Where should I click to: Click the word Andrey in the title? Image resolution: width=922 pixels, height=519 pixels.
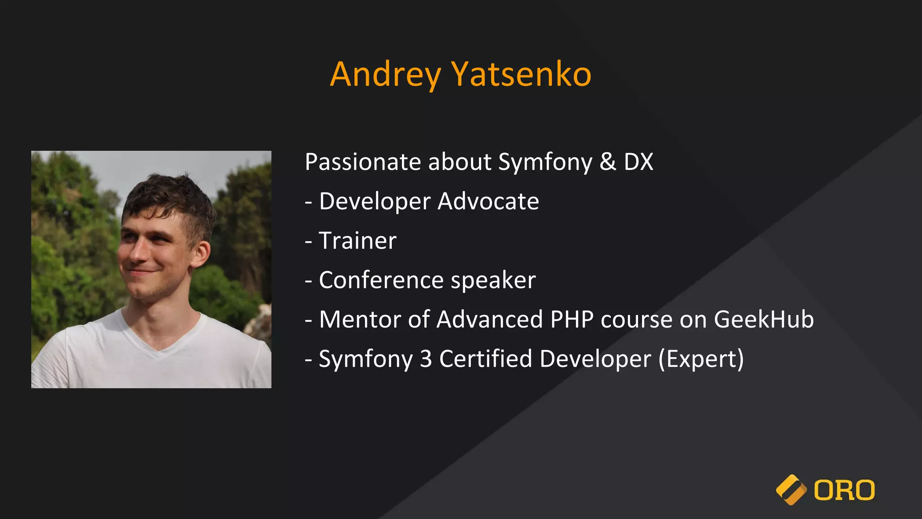coord(385,75)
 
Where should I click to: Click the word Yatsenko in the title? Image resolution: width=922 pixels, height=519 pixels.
coord(521,75)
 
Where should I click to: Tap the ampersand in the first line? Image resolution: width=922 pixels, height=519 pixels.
coord(607,162)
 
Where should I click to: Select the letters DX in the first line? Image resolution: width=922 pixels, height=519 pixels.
coord(638,162)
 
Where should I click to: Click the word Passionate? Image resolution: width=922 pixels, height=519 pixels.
coord(363,162)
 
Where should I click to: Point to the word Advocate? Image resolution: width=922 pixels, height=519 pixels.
coord(488,201)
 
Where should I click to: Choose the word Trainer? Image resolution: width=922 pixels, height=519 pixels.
coord(357,241)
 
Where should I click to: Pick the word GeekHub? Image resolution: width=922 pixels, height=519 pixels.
coord(764,319)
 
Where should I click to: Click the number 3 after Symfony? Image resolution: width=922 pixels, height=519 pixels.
coord(425,359)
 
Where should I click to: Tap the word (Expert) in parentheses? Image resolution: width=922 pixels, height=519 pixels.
coord(701,359)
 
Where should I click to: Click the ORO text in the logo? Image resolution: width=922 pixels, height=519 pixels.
coord(844,490)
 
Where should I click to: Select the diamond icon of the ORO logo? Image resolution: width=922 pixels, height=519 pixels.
coord(791,490)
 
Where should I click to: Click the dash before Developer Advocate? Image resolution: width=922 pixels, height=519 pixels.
coord(308,202)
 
